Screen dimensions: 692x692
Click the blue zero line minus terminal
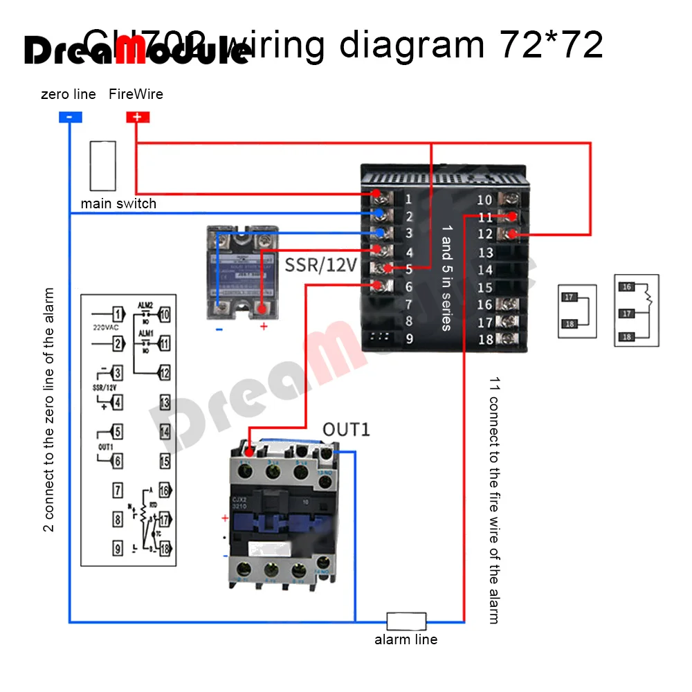70,117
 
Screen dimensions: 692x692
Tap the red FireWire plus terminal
137,117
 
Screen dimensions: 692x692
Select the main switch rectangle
102,166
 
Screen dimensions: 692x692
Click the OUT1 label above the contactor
347,429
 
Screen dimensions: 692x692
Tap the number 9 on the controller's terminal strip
409,339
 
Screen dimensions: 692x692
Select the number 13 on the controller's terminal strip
485,253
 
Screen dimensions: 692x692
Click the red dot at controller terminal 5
389,268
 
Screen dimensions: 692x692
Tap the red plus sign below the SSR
263,327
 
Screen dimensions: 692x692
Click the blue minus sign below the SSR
219,328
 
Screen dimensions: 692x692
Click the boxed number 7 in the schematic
118,491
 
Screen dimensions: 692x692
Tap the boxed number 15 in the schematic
165,460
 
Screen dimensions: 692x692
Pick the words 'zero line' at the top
69,94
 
